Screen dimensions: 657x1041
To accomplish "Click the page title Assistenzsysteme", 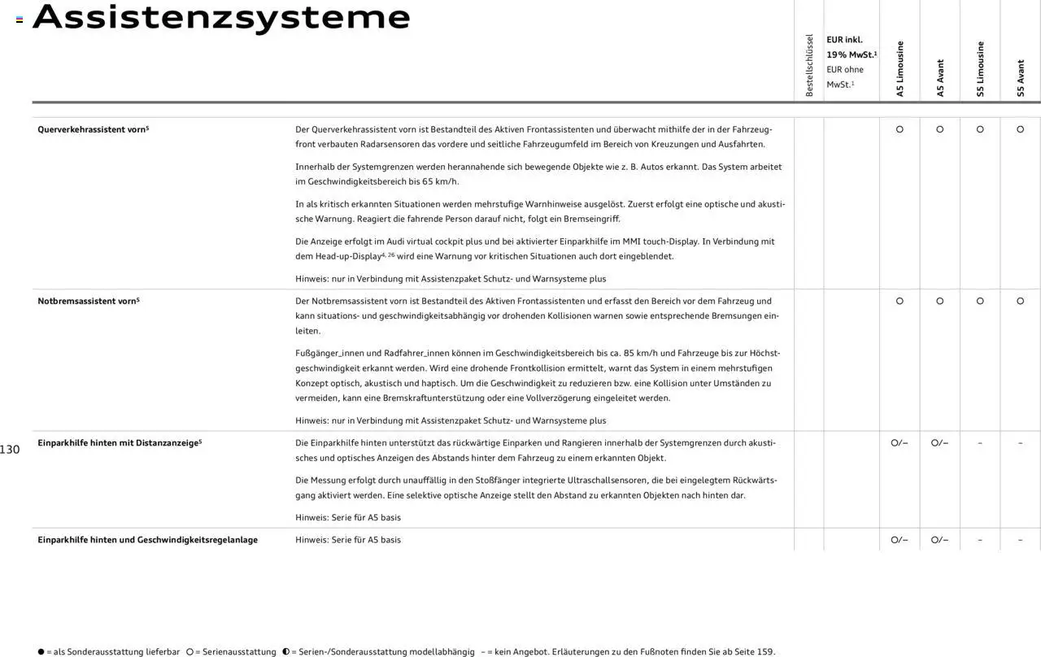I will tap(221, 18).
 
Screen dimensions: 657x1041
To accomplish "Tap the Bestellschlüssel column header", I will tap(809, 66).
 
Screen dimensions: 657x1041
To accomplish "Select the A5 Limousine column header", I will tap(899, 69).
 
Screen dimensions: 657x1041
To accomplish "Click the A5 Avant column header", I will tap(940, 78).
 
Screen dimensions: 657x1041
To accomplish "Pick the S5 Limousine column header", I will tap(980, 69).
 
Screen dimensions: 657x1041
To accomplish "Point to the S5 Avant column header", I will tap(1021, 78).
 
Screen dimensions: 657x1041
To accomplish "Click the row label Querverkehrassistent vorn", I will tap(93, 129).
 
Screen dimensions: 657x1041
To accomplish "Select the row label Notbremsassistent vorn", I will tap(88, 301).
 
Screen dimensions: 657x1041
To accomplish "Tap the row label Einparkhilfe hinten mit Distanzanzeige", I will tap(119, 443).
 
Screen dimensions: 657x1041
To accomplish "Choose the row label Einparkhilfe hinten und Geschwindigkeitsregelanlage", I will tap(147, 540).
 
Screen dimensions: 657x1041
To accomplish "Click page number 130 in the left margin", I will tap(10, 450).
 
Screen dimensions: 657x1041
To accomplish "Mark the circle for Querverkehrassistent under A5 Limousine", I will tap(899, 129).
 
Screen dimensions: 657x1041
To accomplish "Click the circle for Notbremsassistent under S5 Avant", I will tap(1021, 301).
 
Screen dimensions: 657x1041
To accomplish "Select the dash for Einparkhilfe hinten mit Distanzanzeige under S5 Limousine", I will tap(980, 443).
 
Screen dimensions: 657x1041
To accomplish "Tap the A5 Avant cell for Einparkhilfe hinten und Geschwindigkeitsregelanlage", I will tap(940, 540).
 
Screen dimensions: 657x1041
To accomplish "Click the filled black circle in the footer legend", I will tap(41, 652).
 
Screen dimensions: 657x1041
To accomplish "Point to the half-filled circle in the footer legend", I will tap(286, 652).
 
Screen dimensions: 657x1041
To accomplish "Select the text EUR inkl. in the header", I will tap(844, 40).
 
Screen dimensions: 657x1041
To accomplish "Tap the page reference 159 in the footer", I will tap(764, 652).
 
